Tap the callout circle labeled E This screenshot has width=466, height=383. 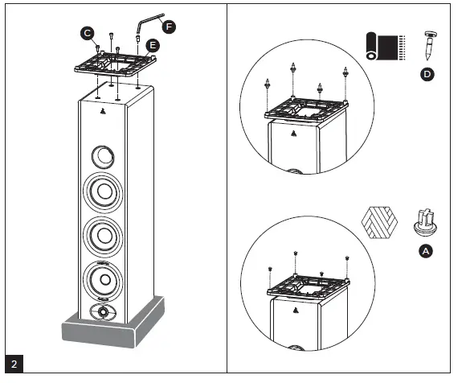(x=153, y=47)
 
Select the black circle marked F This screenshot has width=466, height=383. (x=168, y=27)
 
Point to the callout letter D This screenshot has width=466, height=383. (x=427, y=75)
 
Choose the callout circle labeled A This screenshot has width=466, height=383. (x=426, y=251)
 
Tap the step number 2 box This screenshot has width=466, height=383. (x=14, y=364)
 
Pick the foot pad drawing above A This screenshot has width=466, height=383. (x=426, y=220)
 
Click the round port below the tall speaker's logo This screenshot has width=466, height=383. (x=103, y=155)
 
